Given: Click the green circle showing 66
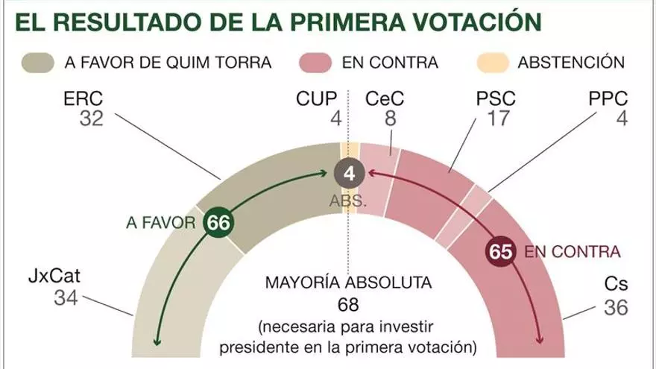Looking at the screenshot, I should (218, 222).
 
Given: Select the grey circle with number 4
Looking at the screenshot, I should (349, 176).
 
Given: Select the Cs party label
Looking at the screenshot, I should (615, 286).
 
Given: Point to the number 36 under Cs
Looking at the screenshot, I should (615, 306).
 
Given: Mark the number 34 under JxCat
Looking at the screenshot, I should (66, 298).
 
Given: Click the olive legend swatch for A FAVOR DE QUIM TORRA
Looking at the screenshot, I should (38, 61).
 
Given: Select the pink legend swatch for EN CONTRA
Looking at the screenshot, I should (314, 61).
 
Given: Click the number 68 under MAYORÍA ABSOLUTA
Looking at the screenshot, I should (347, 305).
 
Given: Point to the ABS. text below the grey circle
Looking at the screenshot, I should (348, 201).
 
